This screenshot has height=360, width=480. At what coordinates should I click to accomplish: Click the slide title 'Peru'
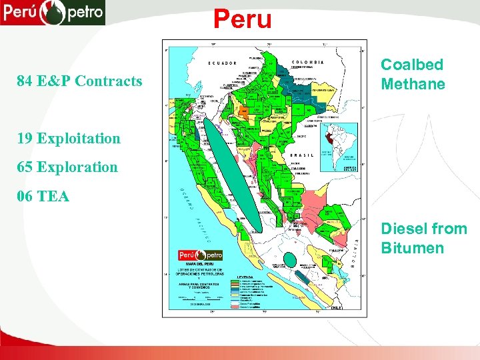(x=243, y=19)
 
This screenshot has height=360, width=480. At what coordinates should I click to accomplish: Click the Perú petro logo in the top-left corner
(x=53, y=12)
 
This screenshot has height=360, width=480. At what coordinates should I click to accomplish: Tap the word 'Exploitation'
(x=79, y=139)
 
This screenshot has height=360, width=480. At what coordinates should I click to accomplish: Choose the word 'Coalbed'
(x=411, y=65)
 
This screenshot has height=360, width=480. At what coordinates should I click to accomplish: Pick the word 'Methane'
(x=413, y=84)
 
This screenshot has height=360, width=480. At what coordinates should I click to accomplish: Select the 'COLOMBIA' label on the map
(x=309, y=61)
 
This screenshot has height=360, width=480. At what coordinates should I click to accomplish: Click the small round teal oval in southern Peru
(x=290, y=259)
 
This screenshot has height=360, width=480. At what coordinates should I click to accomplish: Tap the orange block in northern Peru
(x=245, y=111)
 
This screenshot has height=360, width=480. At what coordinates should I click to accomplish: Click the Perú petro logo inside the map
(x=200, y=255)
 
